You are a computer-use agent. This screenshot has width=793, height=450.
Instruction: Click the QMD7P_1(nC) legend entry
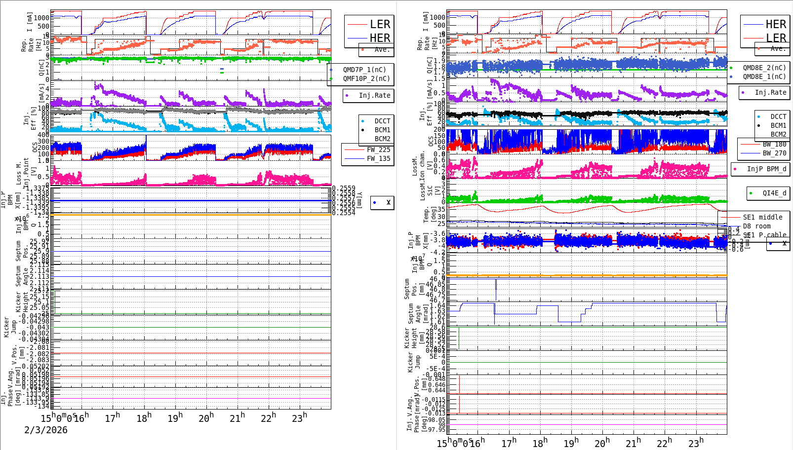point(364,70)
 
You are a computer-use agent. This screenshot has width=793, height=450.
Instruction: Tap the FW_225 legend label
point(378,150)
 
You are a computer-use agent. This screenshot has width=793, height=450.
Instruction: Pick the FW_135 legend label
point(378,158)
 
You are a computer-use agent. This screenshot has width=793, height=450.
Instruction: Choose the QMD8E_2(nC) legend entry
point(764,68)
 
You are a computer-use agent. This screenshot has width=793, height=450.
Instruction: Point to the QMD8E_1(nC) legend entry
point(764,76)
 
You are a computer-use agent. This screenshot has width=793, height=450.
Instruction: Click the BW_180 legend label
point(774,144)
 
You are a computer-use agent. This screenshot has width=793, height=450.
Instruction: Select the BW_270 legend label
point(774,153)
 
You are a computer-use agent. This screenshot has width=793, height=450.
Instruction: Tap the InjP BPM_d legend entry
point(766,169)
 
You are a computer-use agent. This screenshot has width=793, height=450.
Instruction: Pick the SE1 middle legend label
point(762,217)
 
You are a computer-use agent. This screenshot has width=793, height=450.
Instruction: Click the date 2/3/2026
point(46,430)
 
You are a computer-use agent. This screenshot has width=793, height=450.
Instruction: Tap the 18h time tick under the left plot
point(144,418)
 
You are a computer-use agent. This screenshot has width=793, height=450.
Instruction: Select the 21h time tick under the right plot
point(633,443)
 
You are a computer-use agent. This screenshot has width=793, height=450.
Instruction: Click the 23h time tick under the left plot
point(299,418)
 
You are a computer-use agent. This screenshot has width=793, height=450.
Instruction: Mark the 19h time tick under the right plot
point(571,443)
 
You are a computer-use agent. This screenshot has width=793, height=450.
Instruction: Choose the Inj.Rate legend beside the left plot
point(374,95)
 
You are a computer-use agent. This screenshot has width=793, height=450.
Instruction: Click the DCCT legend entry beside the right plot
point(778,117)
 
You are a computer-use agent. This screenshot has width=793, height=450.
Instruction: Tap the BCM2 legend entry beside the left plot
point(382,139)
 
